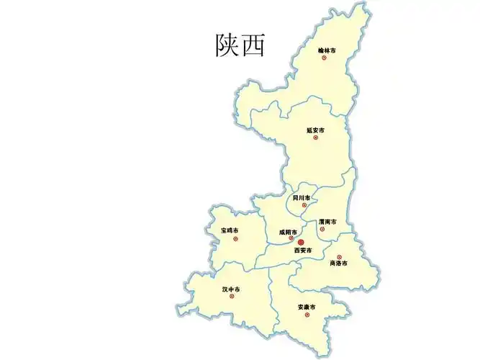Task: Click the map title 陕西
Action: pyautogui.click(x=240, y=45)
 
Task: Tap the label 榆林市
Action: pyautogui.click(x=327, y=50)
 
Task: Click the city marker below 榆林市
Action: pyautogui.click(x=324, y=58)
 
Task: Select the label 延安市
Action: pyautogui.click(x=315, y=130)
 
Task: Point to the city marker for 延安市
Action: pyautogui.click(x=315, y=138)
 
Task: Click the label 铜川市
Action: pyautogui.click(x=302, y=197)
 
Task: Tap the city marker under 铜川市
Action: pyautogui.click(x=304, y=205)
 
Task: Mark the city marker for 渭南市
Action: pyautogui.click(x=322, y=230)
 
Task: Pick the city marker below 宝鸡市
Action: pyautogui.click(x=235, y=238)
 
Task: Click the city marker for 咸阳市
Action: pyautogui.click(x=291, y=238)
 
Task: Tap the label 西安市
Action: pyautogui.click(x=303, y=251)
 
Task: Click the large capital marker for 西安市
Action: pyautogui.click(x=301, y=243)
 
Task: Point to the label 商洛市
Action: pyautogui.click(x=338, y=264)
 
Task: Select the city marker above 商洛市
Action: pyautogui.click(x=339, y=257)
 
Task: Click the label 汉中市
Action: pyautogui.click(x=231, y=289)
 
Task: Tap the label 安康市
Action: pyautogui.click(x=307, y=307)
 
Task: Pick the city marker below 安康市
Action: pyautogui.click(x=307, y=315)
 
